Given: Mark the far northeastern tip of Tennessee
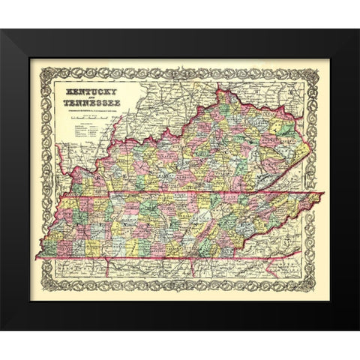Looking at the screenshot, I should click(323, 194).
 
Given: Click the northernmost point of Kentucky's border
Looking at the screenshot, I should click(219, 90).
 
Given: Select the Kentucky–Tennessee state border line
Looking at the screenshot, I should click(187, 197).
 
